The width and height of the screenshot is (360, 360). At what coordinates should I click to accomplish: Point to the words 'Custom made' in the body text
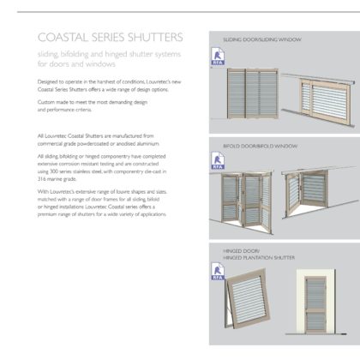[x=55, y=102]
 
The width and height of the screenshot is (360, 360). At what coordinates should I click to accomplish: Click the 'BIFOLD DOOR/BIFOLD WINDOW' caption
[x=261, y=147]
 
